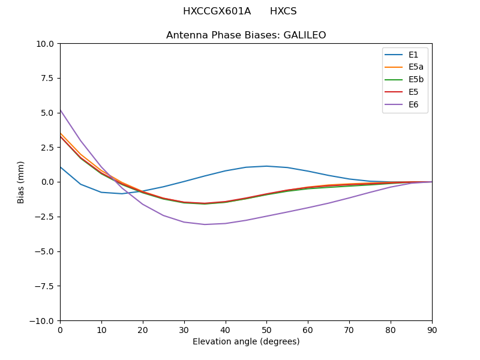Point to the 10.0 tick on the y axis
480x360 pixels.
(46, 44)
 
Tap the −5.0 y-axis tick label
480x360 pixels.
(46, 251)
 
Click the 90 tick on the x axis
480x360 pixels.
(432, 329)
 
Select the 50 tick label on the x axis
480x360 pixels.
(266, 329)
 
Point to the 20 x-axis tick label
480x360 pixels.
(143, 329)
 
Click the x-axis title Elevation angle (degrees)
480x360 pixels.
(246, 342)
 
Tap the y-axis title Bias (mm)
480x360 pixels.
(21, 182)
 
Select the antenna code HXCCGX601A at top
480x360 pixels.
(217, 11)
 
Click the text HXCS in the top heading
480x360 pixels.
(283, 11)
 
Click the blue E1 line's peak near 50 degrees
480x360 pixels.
(266, 166)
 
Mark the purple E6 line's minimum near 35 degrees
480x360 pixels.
(205, 224)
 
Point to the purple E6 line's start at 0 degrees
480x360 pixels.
(61, 110)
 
